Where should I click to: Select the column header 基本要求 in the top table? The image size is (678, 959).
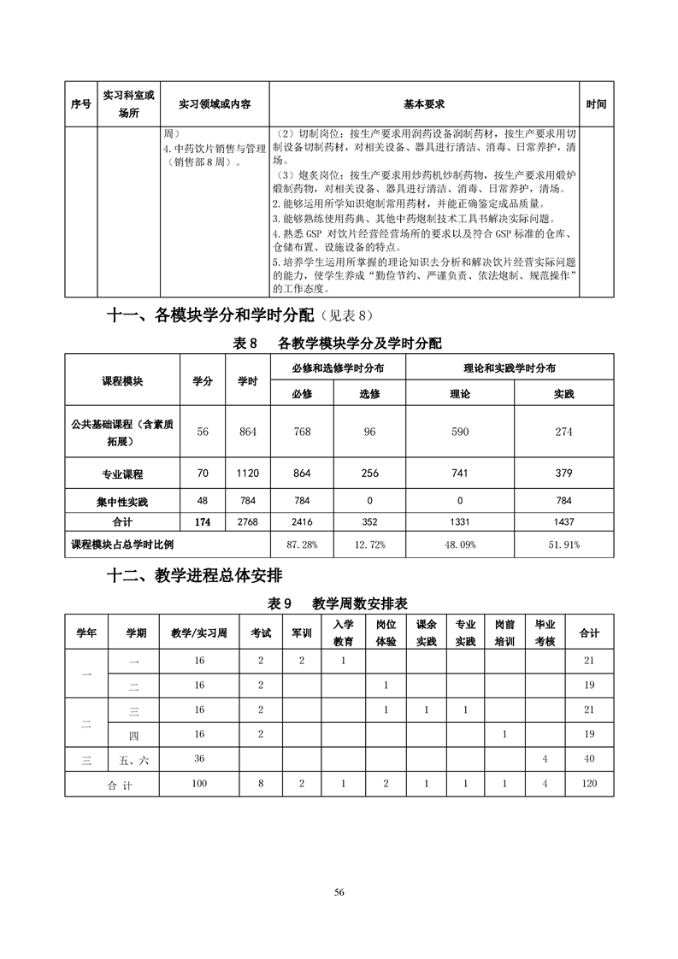tap(424, 103)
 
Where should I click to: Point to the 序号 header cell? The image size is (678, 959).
tap(80, 103)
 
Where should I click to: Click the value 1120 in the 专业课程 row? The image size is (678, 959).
tap(247, 474)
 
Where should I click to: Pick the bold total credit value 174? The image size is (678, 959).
tap(203, 521)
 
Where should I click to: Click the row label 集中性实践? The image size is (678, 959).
tap(122, 500)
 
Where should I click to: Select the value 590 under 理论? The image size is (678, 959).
tap(460, 432)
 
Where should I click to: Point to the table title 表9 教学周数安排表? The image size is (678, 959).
tap(338, 603)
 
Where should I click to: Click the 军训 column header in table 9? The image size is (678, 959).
tap(302, 633)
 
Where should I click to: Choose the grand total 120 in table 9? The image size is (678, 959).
tap(589, 784)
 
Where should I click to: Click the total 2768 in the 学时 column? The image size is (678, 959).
tap(247, 521)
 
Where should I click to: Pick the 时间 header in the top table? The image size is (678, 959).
tap(596, 103)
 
